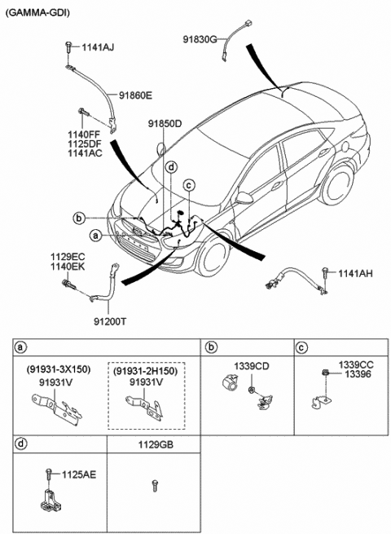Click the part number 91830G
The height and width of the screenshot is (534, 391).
[200, 39]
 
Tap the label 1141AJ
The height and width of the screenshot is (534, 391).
[98, 47]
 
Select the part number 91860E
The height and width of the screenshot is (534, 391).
[135, 95]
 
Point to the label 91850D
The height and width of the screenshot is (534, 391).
[165, 124]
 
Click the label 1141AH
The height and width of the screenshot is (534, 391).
[355, 273]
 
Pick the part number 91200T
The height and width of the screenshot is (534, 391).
[110, 321]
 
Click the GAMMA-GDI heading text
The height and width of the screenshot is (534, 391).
[37, 12]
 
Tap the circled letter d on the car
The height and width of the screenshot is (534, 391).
[172, 167]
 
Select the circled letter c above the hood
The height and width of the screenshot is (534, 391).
[189, 185]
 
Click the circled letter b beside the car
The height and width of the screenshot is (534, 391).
[79, 218]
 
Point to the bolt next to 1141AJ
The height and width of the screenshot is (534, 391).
[68, 46]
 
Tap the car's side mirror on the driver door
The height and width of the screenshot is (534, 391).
[244, 197]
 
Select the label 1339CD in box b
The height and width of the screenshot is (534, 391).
[251, 366]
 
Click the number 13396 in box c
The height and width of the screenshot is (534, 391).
[358, 374]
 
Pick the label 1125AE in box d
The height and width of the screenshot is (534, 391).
[79, 474]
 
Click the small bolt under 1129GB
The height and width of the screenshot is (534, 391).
[155, 486]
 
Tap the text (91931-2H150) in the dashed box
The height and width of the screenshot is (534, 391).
[146, 371]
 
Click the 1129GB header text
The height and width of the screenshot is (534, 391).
[156, 444]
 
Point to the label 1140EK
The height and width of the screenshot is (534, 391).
[68, 267]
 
